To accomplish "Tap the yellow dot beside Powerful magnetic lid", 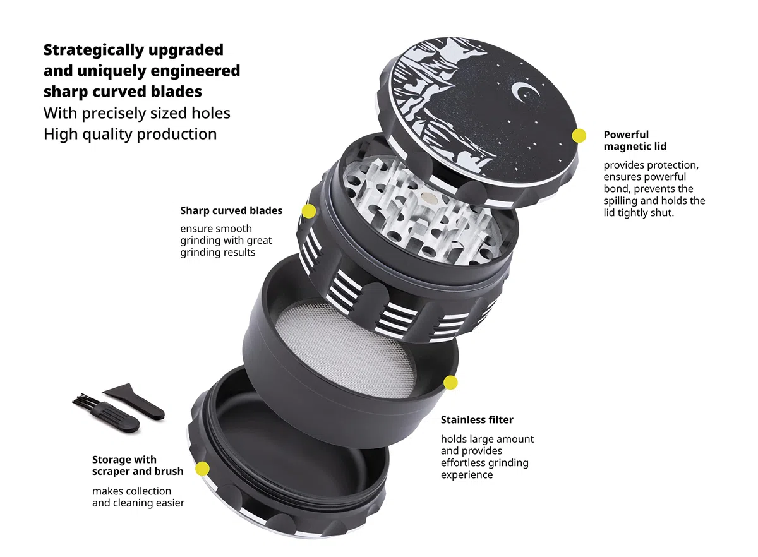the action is [x=579, y=136].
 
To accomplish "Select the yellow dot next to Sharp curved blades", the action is [x=309, y=211].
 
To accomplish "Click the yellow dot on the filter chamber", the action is [x=450, y=383].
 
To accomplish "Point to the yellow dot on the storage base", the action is [x=202, y=469].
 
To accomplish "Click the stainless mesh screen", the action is [x=345, y=350].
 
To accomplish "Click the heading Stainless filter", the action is [x=477, y=420].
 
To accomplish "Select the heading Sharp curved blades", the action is [x=231, y=210].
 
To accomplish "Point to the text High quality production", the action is [x=130, y=135].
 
